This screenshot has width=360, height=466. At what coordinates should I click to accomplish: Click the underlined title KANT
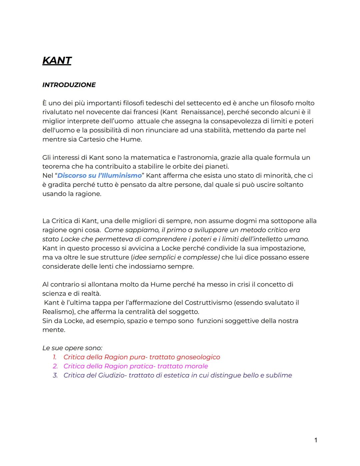(x=57, y=60)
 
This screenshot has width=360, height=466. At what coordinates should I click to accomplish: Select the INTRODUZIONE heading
(x=69, y=85)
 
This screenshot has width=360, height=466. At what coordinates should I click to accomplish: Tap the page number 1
(x=316, y=440)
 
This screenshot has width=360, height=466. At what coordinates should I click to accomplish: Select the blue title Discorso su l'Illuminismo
(x=99, y=175)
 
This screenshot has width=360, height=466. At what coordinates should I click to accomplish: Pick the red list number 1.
(x=55, y=357)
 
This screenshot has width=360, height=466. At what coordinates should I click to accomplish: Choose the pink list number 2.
(x=55, y=366)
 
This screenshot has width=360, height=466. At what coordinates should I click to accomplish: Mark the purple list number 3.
(x=55, y=375)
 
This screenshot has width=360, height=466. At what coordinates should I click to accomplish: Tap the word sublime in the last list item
(x=279, y=375)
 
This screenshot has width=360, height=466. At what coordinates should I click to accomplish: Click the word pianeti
(x=217, y=166)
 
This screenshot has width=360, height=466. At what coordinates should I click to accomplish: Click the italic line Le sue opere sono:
(x=72, y=348)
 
